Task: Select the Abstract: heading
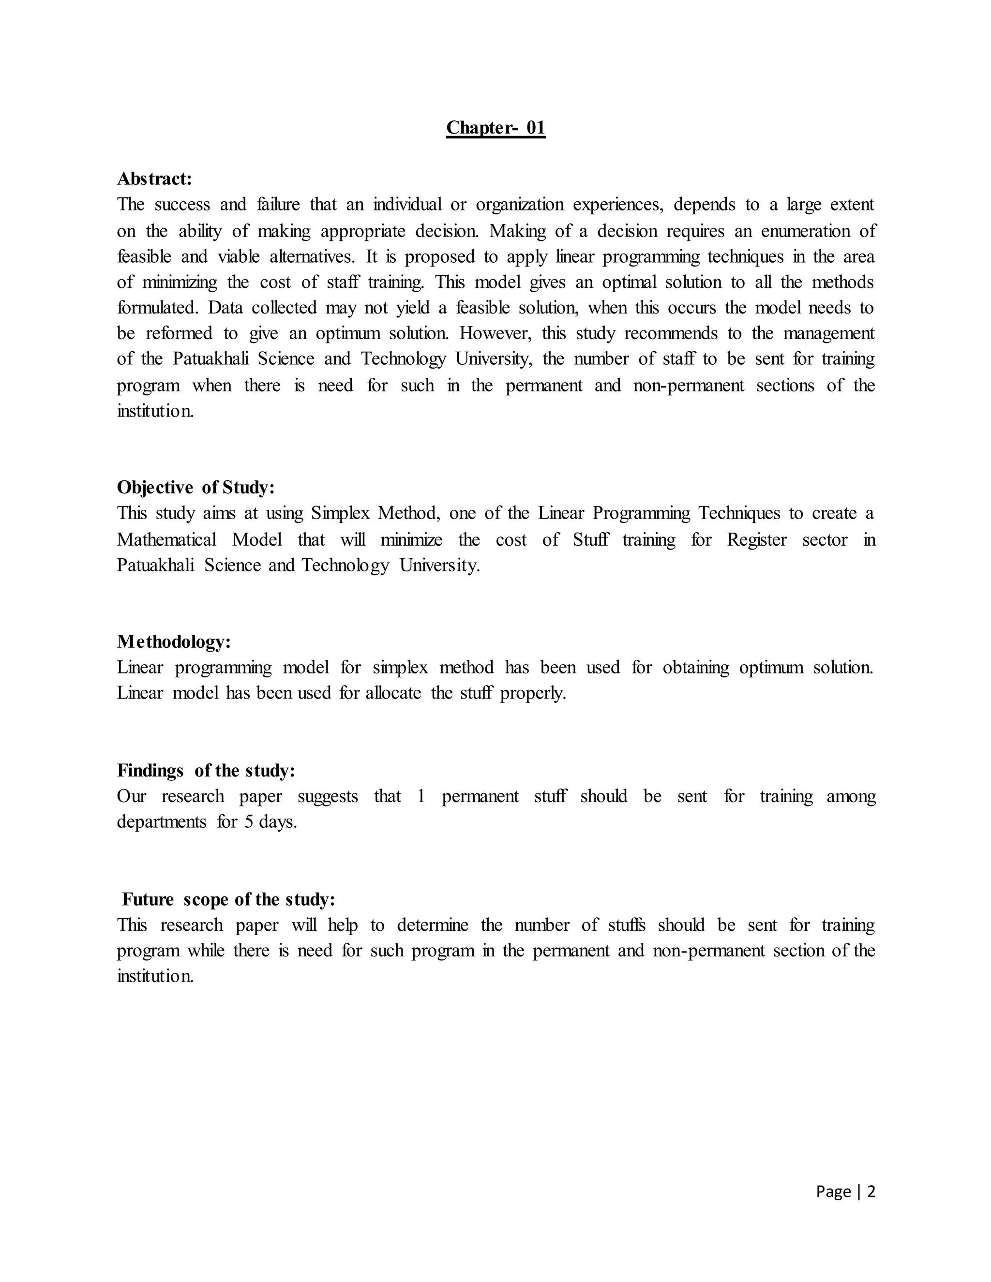pyautogui.click(x=154, y=178)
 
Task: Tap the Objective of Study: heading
pyautogui.click(x=195, y=487)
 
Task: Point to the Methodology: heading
pyautogui.click(x=174, y=641)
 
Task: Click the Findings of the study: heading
pyautogui.click(x=206, y=770)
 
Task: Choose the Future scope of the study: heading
pyautogui.click(x=228, y=899)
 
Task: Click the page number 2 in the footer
pyautogui.click(x=871, y=1191)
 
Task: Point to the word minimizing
pyautogui.click(x=180, y=283)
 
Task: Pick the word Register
pyautogui.click(x=757, y=539)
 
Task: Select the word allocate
pyautogui.click(x=393, y=693)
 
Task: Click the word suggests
pyautogui.click(x=328, y=797)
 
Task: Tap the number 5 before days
pyautogui.click(x=249, y=822)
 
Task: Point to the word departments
pyautogui.click(x=162, y=822)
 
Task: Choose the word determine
pyautogui.click(x=433, y=925)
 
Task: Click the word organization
pyautogui.click(x=520, y=204)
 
